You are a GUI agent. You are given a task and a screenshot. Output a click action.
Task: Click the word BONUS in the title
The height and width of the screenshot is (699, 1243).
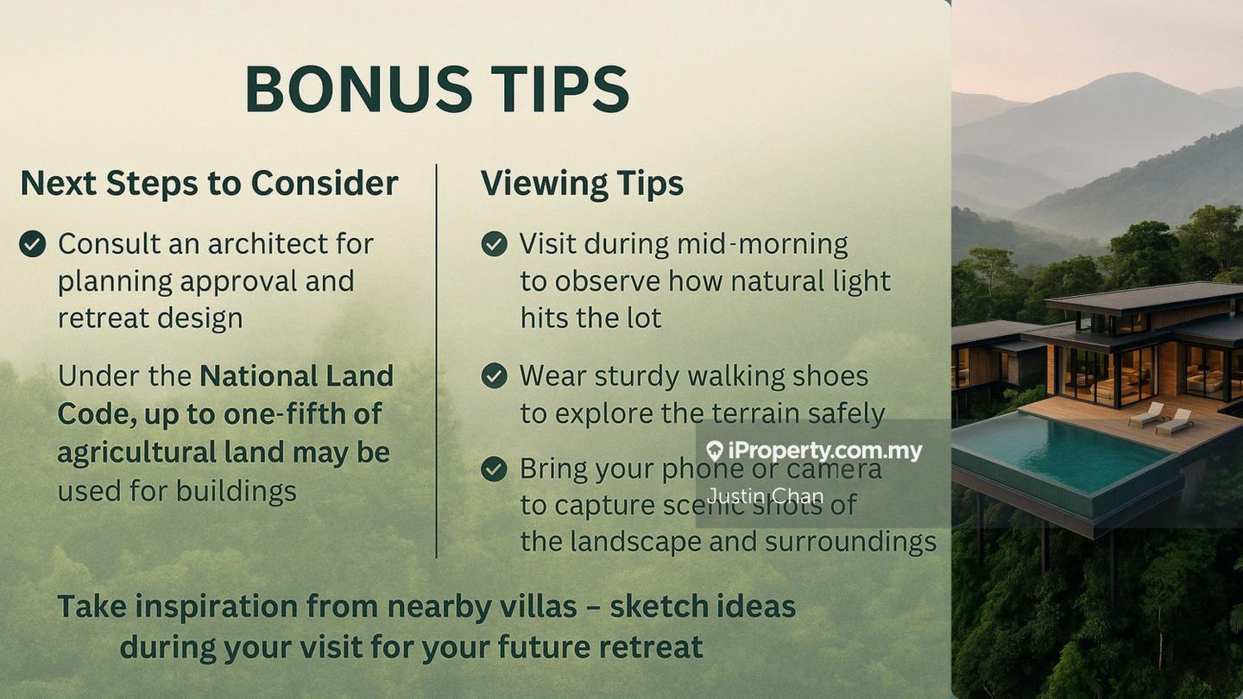pyautogui.click(x=358, y=89)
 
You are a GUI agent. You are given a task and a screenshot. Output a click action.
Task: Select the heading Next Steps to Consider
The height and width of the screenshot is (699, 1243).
pyautogui.click(x=209, y=183)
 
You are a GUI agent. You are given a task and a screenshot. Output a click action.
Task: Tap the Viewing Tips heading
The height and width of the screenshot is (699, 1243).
pyautogui.click(x=582, y=184)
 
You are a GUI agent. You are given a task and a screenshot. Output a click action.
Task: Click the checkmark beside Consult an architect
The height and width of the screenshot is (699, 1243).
pyautogui.click(x=32, y=243)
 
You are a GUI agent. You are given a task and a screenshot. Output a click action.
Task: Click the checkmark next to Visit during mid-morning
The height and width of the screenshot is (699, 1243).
pyautogui.click(x=494, y=243)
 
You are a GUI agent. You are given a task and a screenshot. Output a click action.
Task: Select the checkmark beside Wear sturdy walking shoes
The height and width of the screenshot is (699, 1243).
pyautogui.click(x=494, y=375)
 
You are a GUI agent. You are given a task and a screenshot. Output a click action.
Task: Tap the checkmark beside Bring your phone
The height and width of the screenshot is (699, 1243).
pyautogui.click(x=494, y=469)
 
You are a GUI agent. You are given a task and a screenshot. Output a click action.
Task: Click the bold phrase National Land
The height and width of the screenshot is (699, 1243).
pyautogui.click(x=296, y=375)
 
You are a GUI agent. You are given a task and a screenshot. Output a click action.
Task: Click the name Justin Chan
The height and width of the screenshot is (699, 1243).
pyautogui.click(x=765, y=495)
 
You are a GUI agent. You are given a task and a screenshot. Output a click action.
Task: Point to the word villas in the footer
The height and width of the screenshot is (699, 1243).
pyautogui.click(x=538, y=606)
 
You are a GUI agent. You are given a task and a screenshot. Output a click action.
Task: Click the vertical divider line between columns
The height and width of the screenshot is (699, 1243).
pyautogui.click(x=436, y=361)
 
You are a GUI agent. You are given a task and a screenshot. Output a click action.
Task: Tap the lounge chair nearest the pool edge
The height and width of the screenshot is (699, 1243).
pyautogui.click(x=1146, y=414)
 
